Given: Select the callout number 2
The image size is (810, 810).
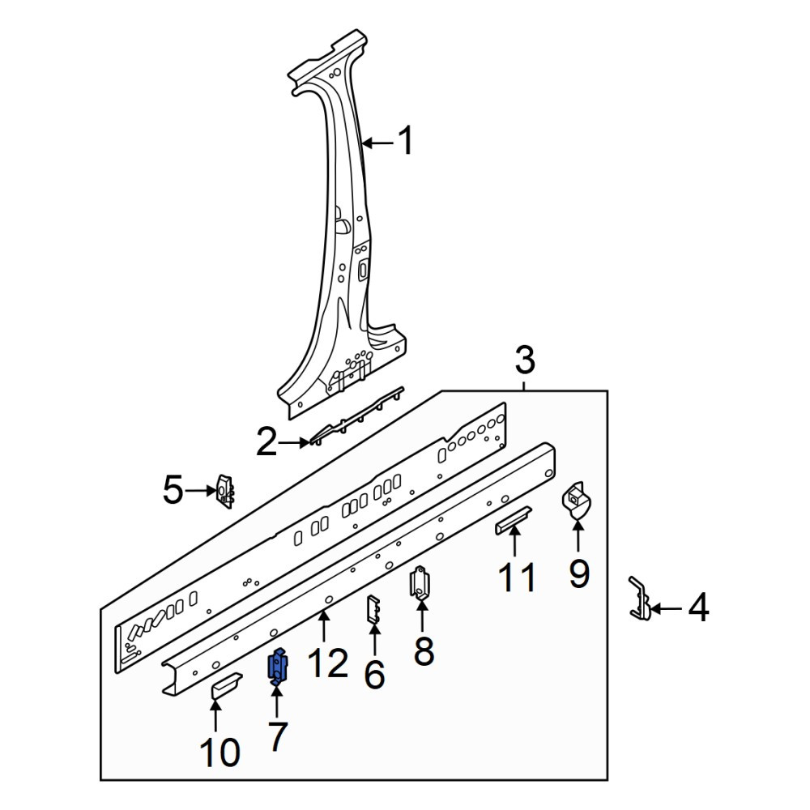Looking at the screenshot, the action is (x=267, y=442).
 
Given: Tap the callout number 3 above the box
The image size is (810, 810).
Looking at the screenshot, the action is (x=525, y=360).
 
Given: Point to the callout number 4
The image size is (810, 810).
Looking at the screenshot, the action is (x=698, y=607).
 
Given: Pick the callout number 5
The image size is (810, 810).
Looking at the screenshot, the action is (x=173, y=490).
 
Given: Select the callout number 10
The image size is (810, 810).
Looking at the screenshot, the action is (x=220, y=752).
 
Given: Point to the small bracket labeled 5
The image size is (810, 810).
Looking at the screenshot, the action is (x=225, y=491).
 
